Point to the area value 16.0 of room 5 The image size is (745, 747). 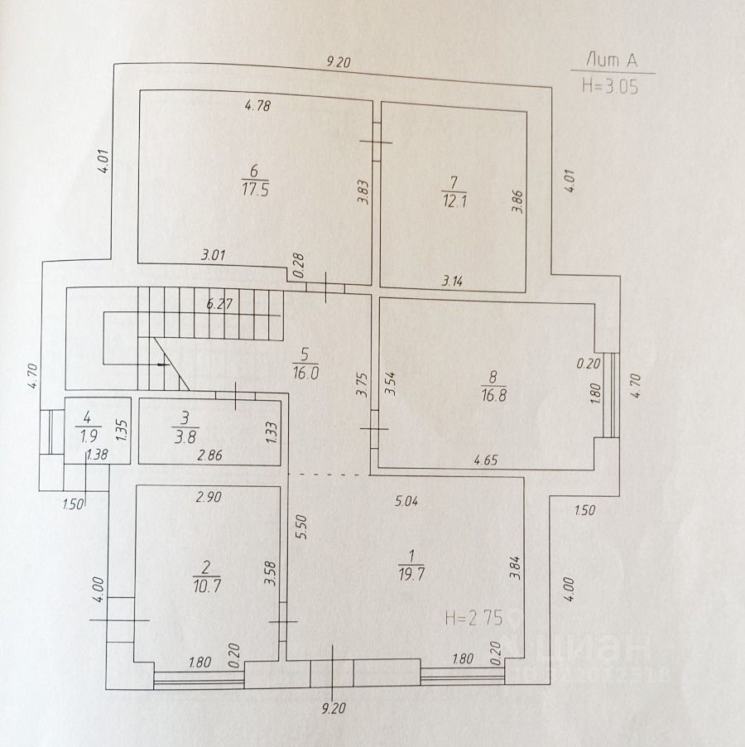click(x=305, y=373)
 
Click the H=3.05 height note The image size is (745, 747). click(x=610, y=86)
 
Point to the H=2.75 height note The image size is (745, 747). click(x=473, y=617)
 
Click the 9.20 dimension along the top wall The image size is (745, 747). click(x=339, y=60)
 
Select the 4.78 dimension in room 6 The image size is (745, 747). click(x=258, y=105)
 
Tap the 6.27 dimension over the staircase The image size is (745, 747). click(x=219, y=304)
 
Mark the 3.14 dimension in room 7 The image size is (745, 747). click(x=452, y=281)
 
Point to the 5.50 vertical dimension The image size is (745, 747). click(x=302, y=528)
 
